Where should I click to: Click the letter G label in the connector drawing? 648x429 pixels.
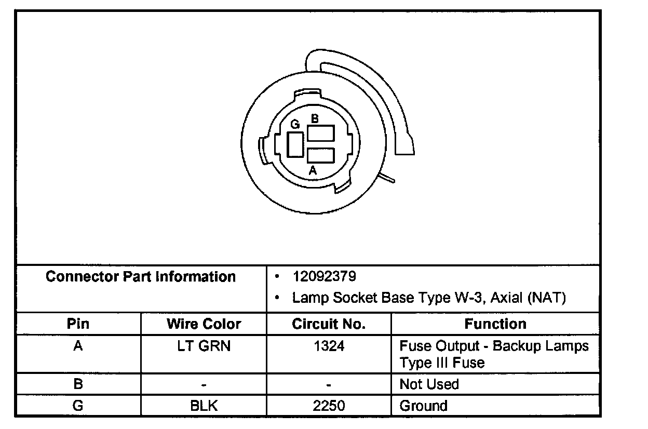coord(295,125)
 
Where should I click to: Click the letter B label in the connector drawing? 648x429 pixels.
coord(315,118)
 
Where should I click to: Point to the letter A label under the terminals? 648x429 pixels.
coord(313,170)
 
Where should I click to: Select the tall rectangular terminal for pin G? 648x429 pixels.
coord(295,144)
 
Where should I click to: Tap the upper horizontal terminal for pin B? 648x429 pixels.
coord(321,133)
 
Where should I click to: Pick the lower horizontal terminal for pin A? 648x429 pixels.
coord(321,155)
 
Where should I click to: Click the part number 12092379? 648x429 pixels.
coord(325,276)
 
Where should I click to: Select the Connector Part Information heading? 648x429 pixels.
coord(141,276)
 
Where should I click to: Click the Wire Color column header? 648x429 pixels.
coord(204,324)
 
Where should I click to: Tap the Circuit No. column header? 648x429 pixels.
coord(329,324)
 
